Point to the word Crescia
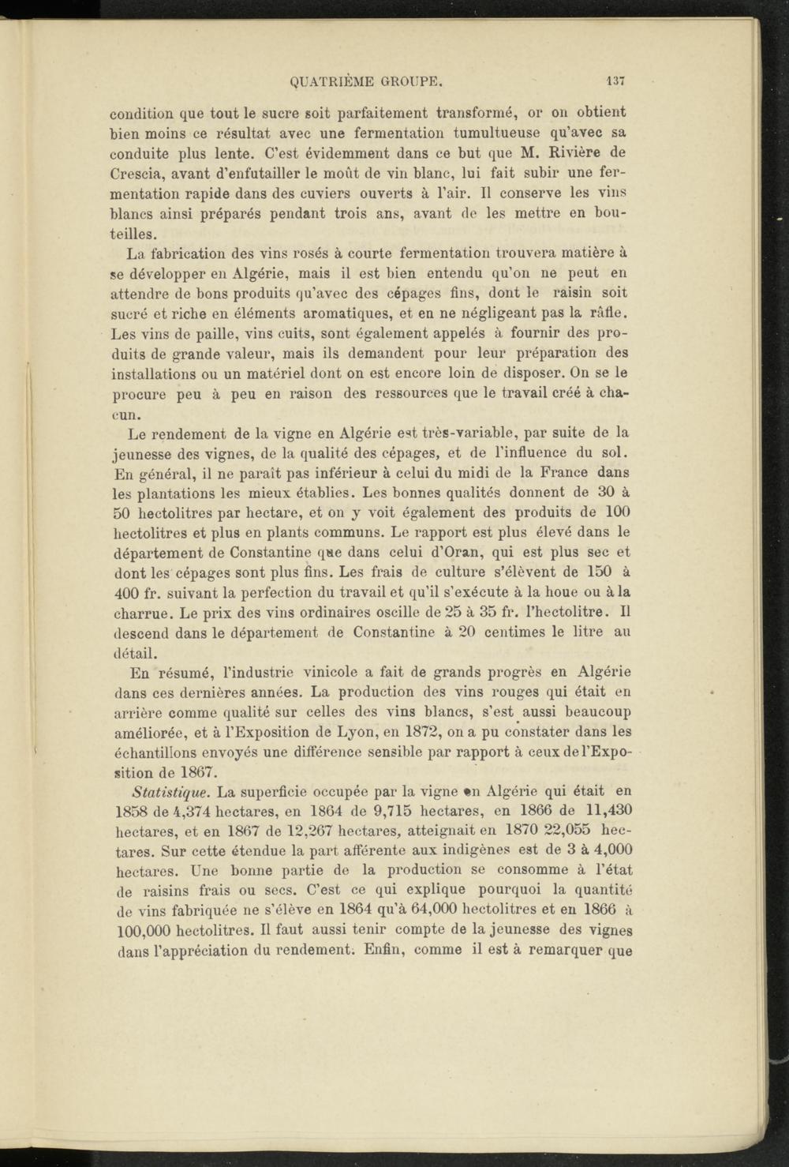[136, 173]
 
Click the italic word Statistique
[170, 791]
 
